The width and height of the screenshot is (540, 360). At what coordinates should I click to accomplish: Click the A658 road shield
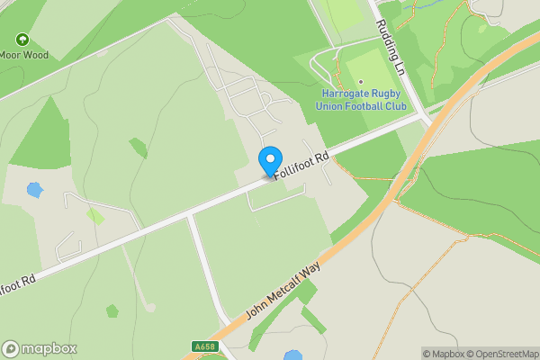point(204,346)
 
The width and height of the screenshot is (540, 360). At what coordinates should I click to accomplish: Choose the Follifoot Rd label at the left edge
point(17,287)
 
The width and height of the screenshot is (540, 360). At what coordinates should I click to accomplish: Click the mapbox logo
point(40,348)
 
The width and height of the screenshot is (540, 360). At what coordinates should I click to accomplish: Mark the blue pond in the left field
point(34,190)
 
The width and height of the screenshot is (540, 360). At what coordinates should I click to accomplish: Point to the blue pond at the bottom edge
point(293,355)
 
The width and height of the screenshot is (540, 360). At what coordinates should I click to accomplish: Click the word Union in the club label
point(330,107)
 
